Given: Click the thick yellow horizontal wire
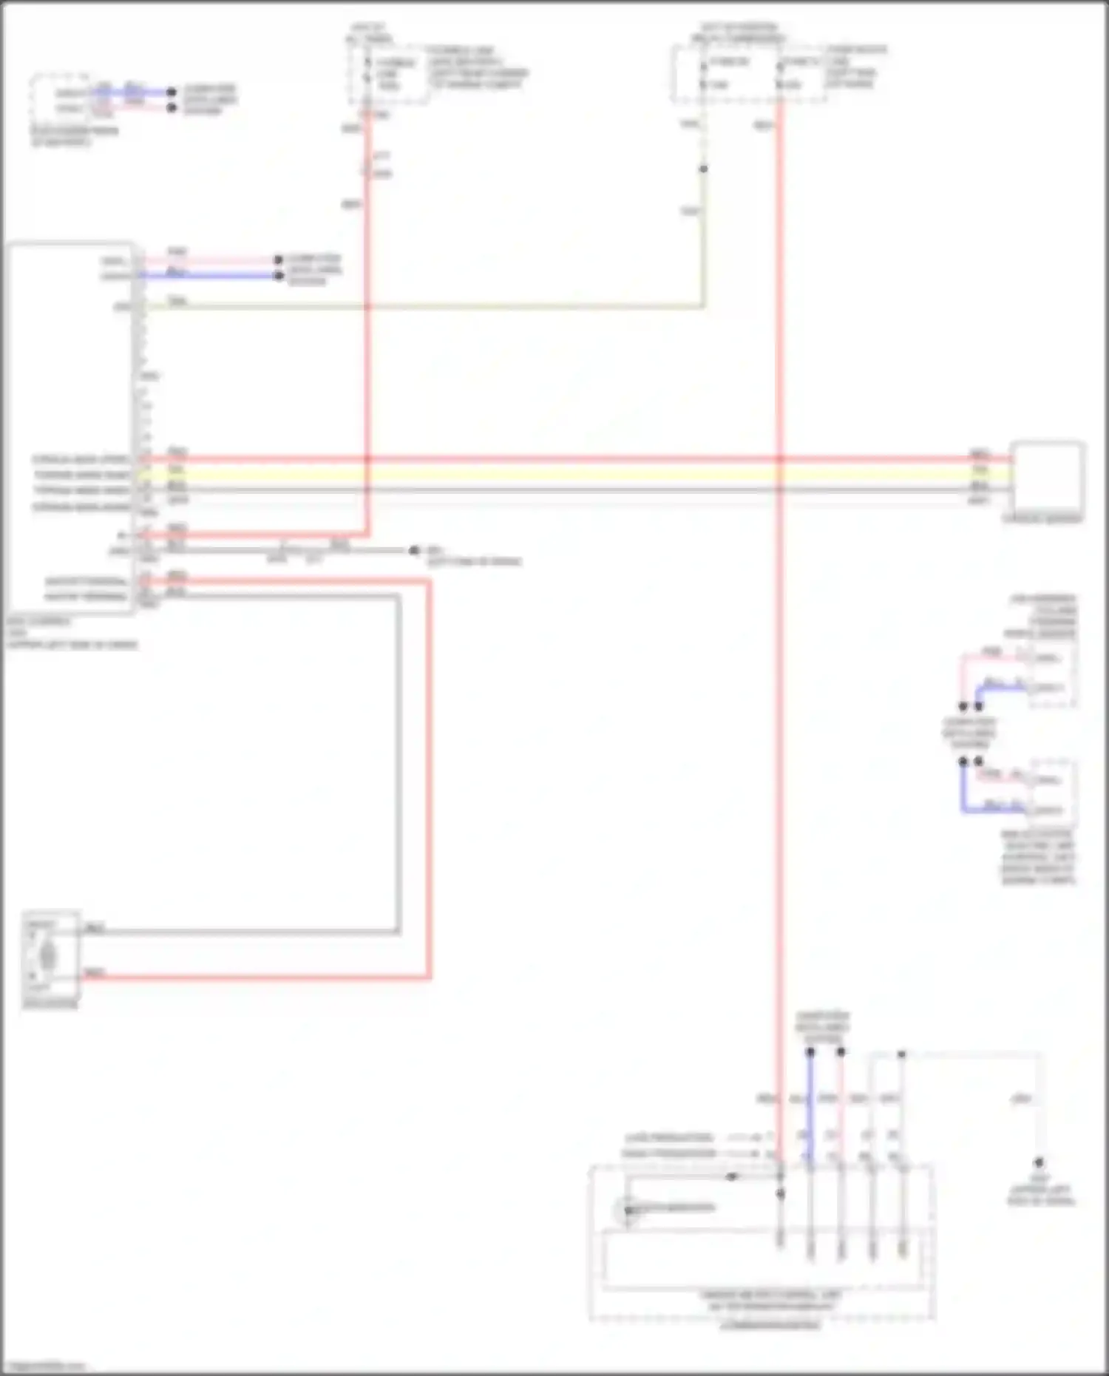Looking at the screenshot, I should [x=577, y=474].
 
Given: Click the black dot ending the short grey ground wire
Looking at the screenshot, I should [x=414, y=551].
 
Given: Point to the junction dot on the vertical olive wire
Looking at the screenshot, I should [x=703, y=169].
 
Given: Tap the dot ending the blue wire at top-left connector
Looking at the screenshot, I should [x=172, y=92].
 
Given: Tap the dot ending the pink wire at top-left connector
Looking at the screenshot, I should [x=172, y=108].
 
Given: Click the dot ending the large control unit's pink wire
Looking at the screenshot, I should [x=278, y=260].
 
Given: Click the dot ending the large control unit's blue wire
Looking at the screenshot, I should [x=278, y=276].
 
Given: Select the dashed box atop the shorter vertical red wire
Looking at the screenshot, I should [x=388, y=74].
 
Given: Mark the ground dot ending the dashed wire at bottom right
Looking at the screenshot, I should [x=1039, y=1163].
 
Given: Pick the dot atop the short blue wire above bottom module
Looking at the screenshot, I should [x=810, y=1051].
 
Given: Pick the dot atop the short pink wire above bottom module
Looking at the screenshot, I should [x=841, y=1051].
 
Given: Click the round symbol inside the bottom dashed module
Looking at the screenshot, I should [x=627, y=1210].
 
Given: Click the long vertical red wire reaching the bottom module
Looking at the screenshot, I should [x=779, y=739].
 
